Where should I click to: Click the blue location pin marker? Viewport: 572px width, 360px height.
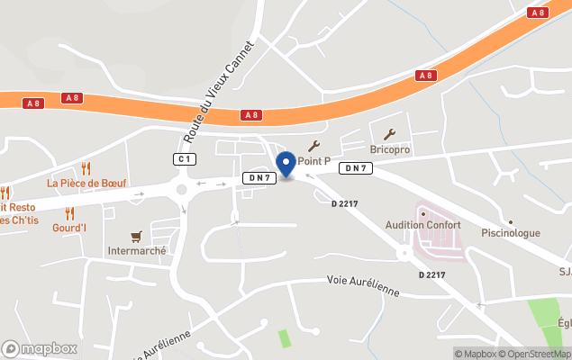point(286,165)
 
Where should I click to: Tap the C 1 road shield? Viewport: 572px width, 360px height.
point(185,159)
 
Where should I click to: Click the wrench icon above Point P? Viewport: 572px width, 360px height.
point(313,145)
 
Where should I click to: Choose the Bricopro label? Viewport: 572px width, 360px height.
point(390,148)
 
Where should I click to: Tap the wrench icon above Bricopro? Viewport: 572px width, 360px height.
point(389,134)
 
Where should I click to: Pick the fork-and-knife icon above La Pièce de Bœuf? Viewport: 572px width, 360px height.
point(86,167)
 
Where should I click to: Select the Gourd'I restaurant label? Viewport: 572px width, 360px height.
point(69,229)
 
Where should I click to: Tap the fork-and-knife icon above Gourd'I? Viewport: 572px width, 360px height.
point(69,213)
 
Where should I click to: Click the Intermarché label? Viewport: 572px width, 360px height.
point(137,251)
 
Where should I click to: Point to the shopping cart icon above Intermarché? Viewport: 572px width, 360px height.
point(136,236)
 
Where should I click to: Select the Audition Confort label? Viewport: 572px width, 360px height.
point(422,225)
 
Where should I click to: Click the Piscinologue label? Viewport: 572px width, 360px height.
point(511,233)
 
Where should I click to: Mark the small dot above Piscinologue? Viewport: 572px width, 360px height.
point(510,221)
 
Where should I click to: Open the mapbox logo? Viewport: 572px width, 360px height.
point(41,348)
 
